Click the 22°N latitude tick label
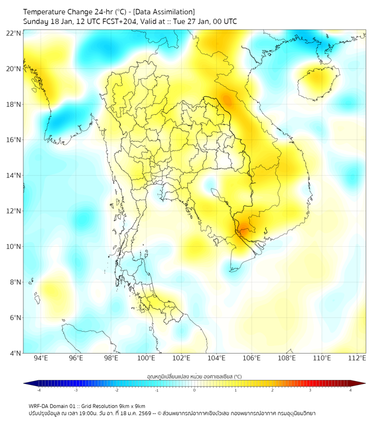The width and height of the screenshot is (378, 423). [14, 33]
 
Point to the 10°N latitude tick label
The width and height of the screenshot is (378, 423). [14, 246]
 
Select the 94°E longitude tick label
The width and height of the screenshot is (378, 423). [41, 358]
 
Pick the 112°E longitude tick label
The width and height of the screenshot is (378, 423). [357, 358]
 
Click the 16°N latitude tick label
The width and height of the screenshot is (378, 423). [14, 140]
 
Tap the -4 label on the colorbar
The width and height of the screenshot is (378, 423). [38, 390]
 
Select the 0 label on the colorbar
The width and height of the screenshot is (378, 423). [195, 390]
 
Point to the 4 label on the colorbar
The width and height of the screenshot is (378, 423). [350, 390]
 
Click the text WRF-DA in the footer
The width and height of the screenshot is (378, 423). [40, 406]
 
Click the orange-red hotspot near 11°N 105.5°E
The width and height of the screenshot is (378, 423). [244, 229]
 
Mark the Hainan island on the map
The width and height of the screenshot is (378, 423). [317, 82]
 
